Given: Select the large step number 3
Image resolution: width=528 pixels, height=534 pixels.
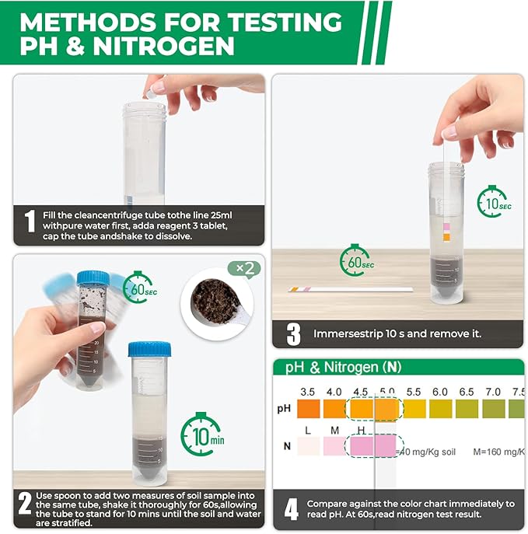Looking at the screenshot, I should point(293,334).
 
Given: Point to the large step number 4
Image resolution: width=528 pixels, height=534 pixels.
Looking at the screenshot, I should point(291,510).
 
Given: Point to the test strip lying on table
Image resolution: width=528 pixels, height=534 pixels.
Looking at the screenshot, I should point(350,289).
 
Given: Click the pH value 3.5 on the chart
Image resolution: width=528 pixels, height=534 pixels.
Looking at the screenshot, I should point(307,392).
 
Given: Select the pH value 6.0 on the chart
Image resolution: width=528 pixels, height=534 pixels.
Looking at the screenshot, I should point(439,392).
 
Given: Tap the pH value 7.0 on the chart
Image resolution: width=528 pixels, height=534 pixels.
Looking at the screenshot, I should point(493,392).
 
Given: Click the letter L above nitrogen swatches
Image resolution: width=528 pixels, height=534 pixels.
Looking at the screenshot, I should point(308,430).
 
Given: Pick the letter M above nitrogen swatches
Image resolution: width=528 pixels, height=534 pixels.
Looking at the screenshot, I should point(335,430).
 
